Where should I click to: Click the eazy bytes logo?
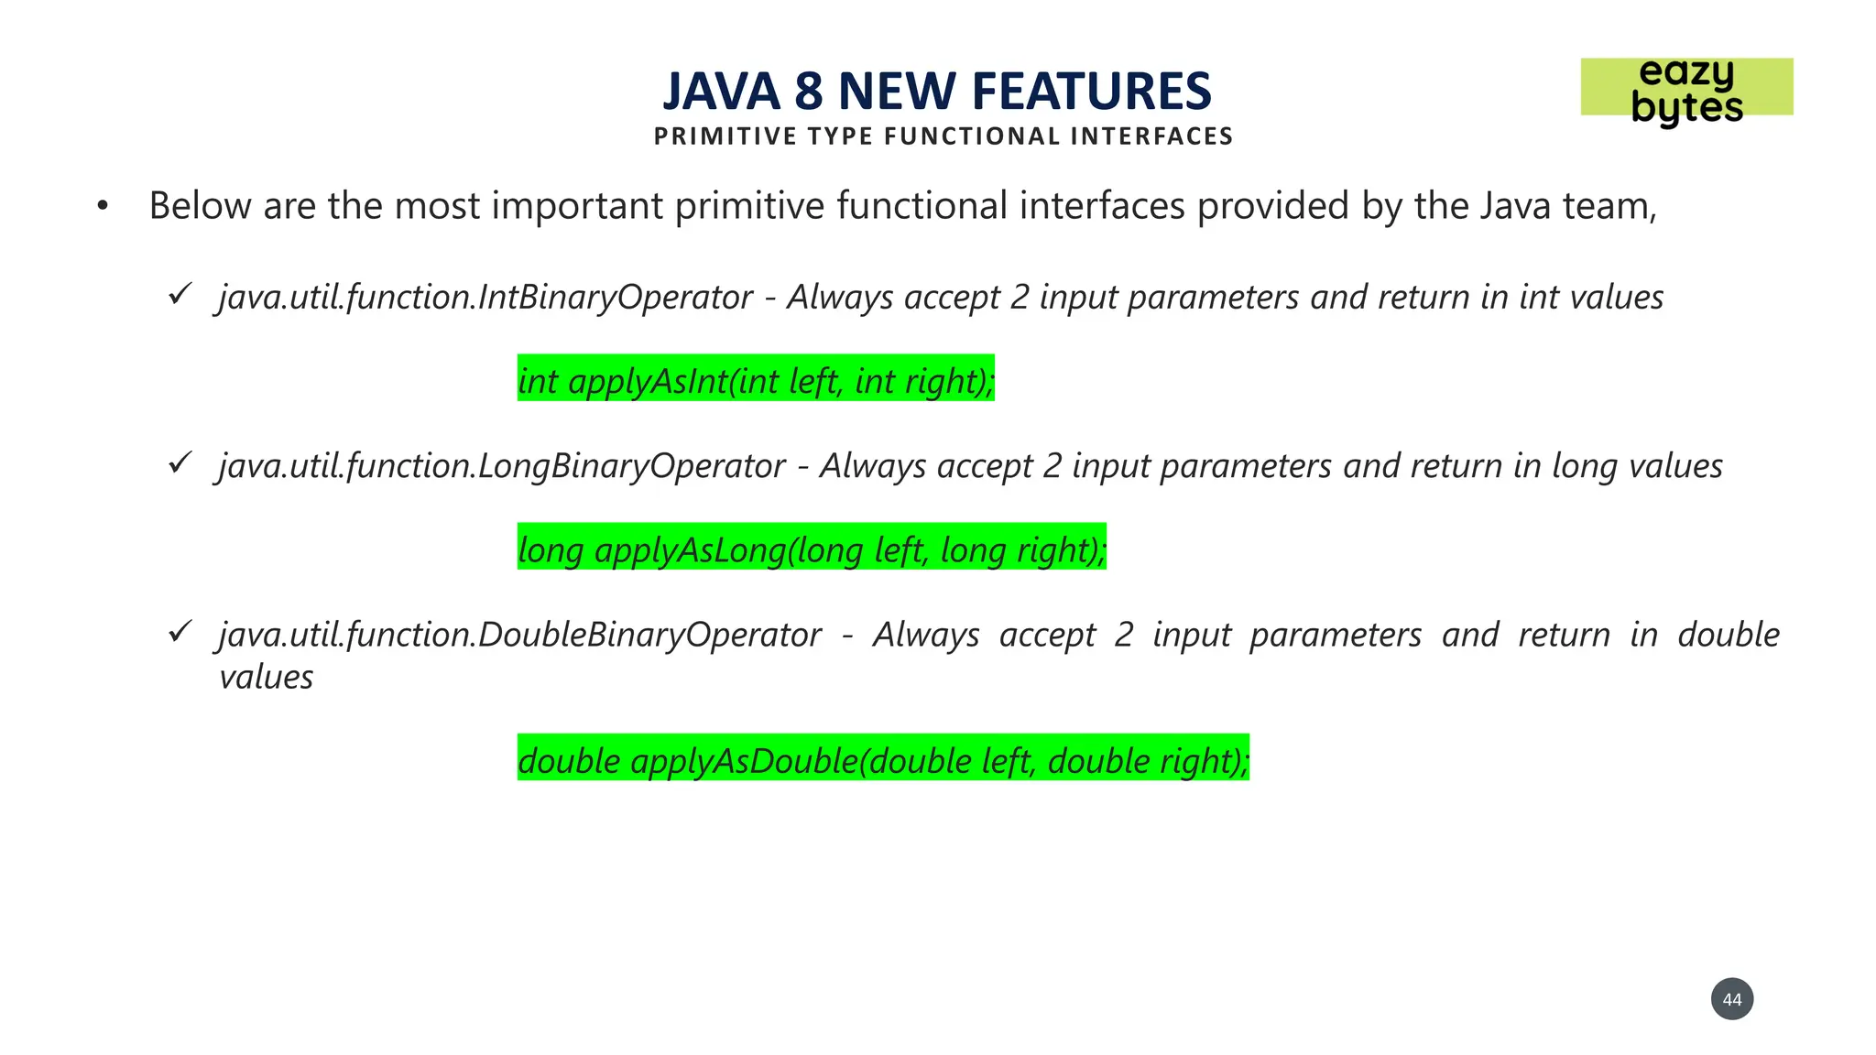coord(1686,89)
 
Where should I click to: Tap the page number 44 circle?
coord(1731,999)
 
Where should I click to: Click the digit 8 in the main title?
coord(808,92)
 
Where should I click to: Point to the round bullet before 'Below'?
coord(103,207)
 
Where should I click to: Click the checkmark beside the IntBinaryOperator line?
coord(180,295)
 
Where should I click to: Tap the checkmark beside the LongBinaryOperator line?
coord(180,463)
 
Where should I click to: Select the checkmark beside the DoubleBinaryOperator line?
coord(180,632)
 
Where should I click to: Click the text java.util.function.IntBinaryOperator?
coord(485,298)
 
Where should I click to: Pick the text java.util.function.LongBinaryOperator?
coord(502,466)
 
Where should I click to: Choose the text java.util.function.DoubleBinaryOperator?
coord(520,635)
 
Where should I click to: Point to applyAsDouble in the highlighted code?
coord(744,761)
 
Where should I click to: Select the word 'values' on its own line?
coord(267,678)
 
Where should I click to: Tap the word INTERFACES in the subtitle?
coord(1151,136)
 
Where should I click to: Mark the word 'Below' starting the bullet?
coord(200,206)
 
